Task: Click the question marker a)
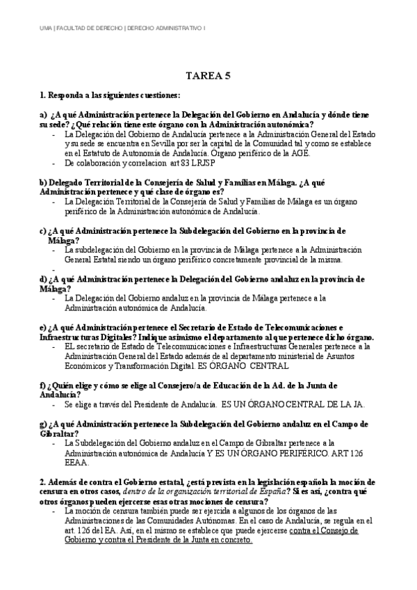44,114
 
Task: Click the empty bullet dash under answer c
54,269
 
